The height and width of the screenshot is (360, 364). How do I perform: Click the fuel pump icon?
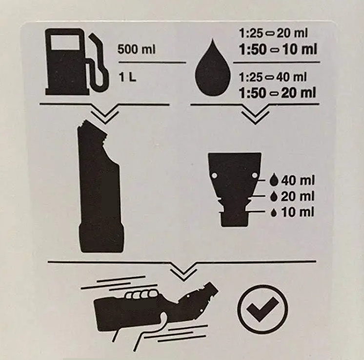pos(77,62)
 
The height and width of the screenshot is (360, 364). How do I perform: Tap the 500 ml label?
pos(137,49)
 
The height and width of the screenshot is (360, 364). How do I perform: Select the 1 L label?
pos(127,77)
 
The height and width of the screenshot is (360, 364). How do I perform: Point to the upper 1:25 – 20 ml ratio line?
pos(273,34)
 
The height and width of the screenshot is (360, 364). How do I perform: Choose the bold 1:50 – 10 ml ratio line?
pos(278,49)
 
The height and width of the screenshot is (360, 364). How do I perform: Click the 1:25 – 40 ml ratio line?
pos(273,77)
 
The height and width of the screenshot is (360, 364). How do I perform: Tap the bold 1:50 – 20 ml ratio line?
pos(278,93)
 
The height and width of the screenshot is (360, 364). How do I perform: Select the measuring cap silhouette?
pos(235,189)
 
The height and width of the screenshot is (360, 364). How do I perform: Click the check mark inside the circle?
pos(263,309)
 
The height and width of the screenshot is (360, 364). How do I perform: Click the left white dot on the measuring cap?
pos(214,175)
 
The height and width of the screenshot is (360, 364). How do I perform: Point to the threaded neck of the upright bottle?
pos(95,128)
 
